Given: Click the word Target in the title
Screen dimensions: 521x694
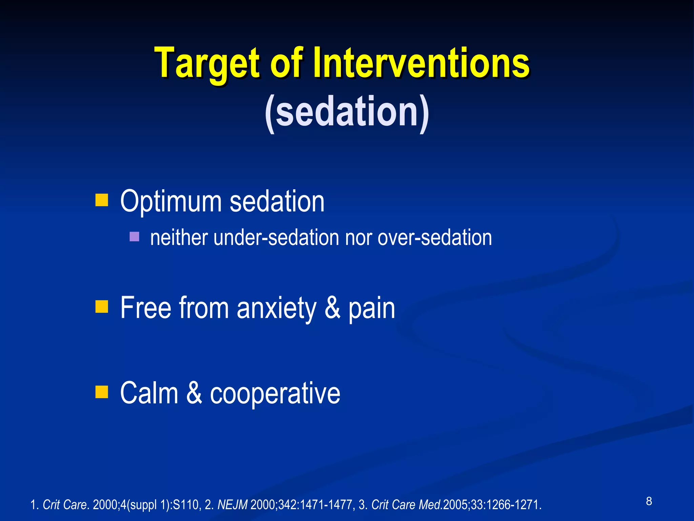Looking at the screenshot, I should (207, 64).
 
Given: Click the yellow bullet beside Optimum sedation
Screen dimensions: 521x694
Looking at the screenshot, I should (101, 200).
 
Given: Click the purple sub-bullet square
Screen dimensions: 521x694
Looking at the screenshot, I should (135, 236).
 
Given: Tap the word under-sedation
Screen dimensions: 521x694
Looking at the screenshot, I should (276, 237).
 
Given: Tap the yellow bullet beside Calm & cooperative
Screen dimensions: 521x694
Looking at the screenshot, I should (101, 392).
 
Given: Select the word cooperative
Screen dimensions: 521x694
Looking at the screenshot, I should (275, 393).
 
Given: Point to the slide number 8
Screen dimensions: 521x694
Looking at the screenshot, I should (649, 501).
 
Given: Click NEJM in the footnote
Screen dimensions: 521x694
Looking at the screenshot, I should (232, 505).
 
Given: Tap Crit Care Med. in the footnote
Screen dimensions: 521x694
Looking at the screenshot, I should (407, 505).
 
